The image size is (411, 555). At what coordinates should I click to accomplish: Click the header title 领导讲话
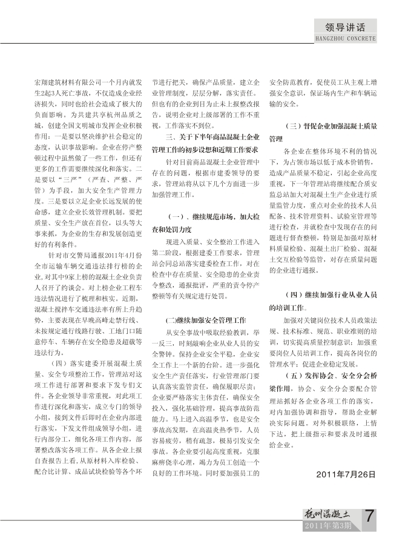346,27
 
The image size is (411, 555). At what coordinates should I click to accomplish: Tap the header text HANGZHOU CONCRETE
346,38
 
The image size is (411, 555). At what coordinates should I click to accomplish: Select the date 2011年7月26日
346,474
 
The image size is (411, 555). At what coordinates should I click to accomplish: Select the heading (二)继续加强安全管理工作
206,319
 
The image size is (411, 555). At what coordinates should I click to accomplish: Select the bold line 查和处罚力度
173,229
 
